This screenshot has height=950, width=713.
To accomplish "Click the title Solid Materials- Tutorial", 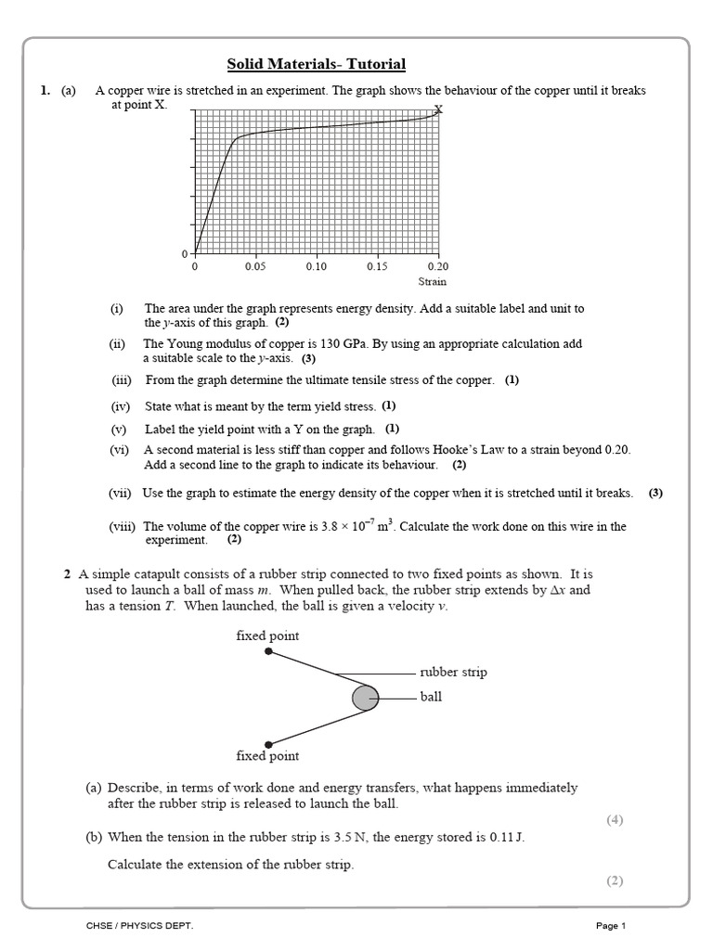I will [x=317, y=64].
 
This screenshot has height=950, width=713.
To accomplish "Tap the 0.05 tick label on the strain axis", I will [x=255, y=266].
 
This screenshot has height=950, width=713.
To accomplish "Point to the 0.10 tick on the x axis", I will [x=316, y=266].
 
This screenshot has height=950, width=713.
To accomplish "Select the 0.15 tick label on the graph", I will [x=377, y=266].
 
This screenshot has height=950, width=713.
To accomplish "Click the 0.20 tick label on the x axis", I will [x=436, y=266].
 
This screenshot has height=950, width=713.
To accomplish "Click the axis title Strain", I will [x=432, y=281].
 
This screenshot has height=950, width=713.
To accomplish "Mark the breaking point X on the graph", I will [x=438, y=109].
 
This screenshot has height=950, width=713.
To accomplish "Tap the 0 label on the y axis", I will [x=185, y=254].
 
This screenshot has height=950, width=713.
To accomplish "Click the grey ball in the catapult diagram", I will [x=365, y=697].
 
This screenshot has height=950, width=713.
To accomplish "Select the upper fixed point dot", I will [x=268, y=651].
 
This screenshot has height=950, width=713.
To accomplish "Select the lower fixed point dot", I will [x=268, y=742].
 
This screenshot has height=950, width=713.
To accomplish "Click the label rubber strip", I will [x=453, y=672].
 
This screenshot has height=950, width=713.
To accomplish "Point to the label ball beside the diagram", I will [x=431, y=697].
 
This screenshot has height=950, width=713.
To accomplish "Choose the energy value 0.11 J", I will [x=506, y=837].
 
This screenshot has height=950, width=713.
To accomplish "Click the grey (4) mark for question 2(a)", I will [x=615, y=819].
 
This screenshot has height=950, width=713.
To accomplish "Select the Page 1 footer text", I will [x=611, y=926].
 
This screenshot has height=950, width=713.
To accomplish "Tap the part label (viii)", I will [x=122, y=526].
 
